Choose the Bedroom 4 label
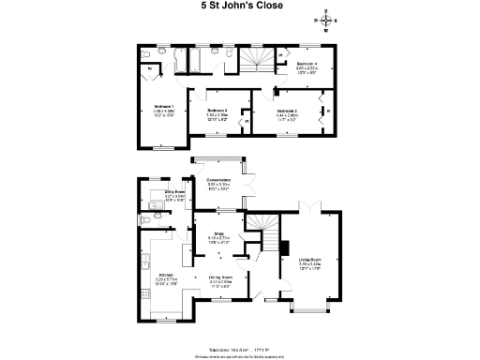pyautogui.click(x=308, y=67)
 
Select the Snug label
pyautogui.click(x=217, y=236)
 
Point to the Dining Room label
pyautogui.click(x=221, y=278)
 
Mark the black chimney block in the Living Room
pyautogui.click(x=283, y=248)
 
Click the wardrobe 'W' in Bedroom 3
pyautogui.click(x=246, y=121)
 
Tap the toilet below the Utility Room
pyautogui.click(x=141, y=220)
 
